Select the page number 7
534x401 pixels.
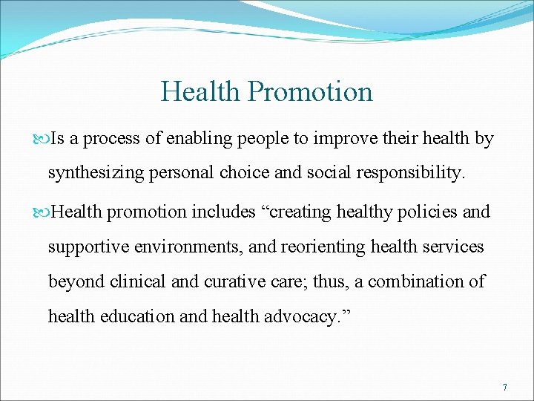(504, 388)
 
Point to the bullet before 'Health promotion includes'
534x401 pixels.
(42, 212)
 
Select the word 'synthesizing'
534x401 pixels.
(90, 174)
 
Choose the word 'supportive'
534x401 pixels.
(83, 247)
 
